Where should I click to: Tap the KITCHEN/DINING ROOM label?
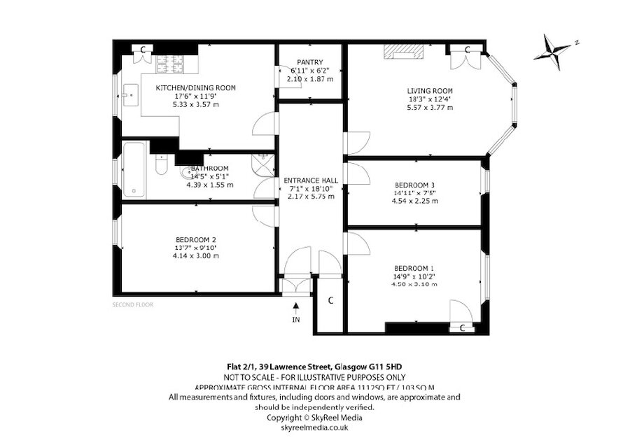click(195, 88)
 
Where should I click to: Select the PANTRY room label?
click(309, 62)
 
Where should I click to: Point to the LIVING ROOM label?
click(430, 91)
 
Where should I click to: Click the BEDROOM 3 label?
click(415, 185)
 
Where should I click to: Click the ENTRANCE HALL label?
click(311, 181)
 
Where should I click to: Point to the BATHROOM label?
click(209, 169)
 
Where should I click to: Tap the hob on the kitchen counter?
click(168, 61)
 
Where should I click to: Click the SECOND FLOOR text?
click(132, 305)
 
